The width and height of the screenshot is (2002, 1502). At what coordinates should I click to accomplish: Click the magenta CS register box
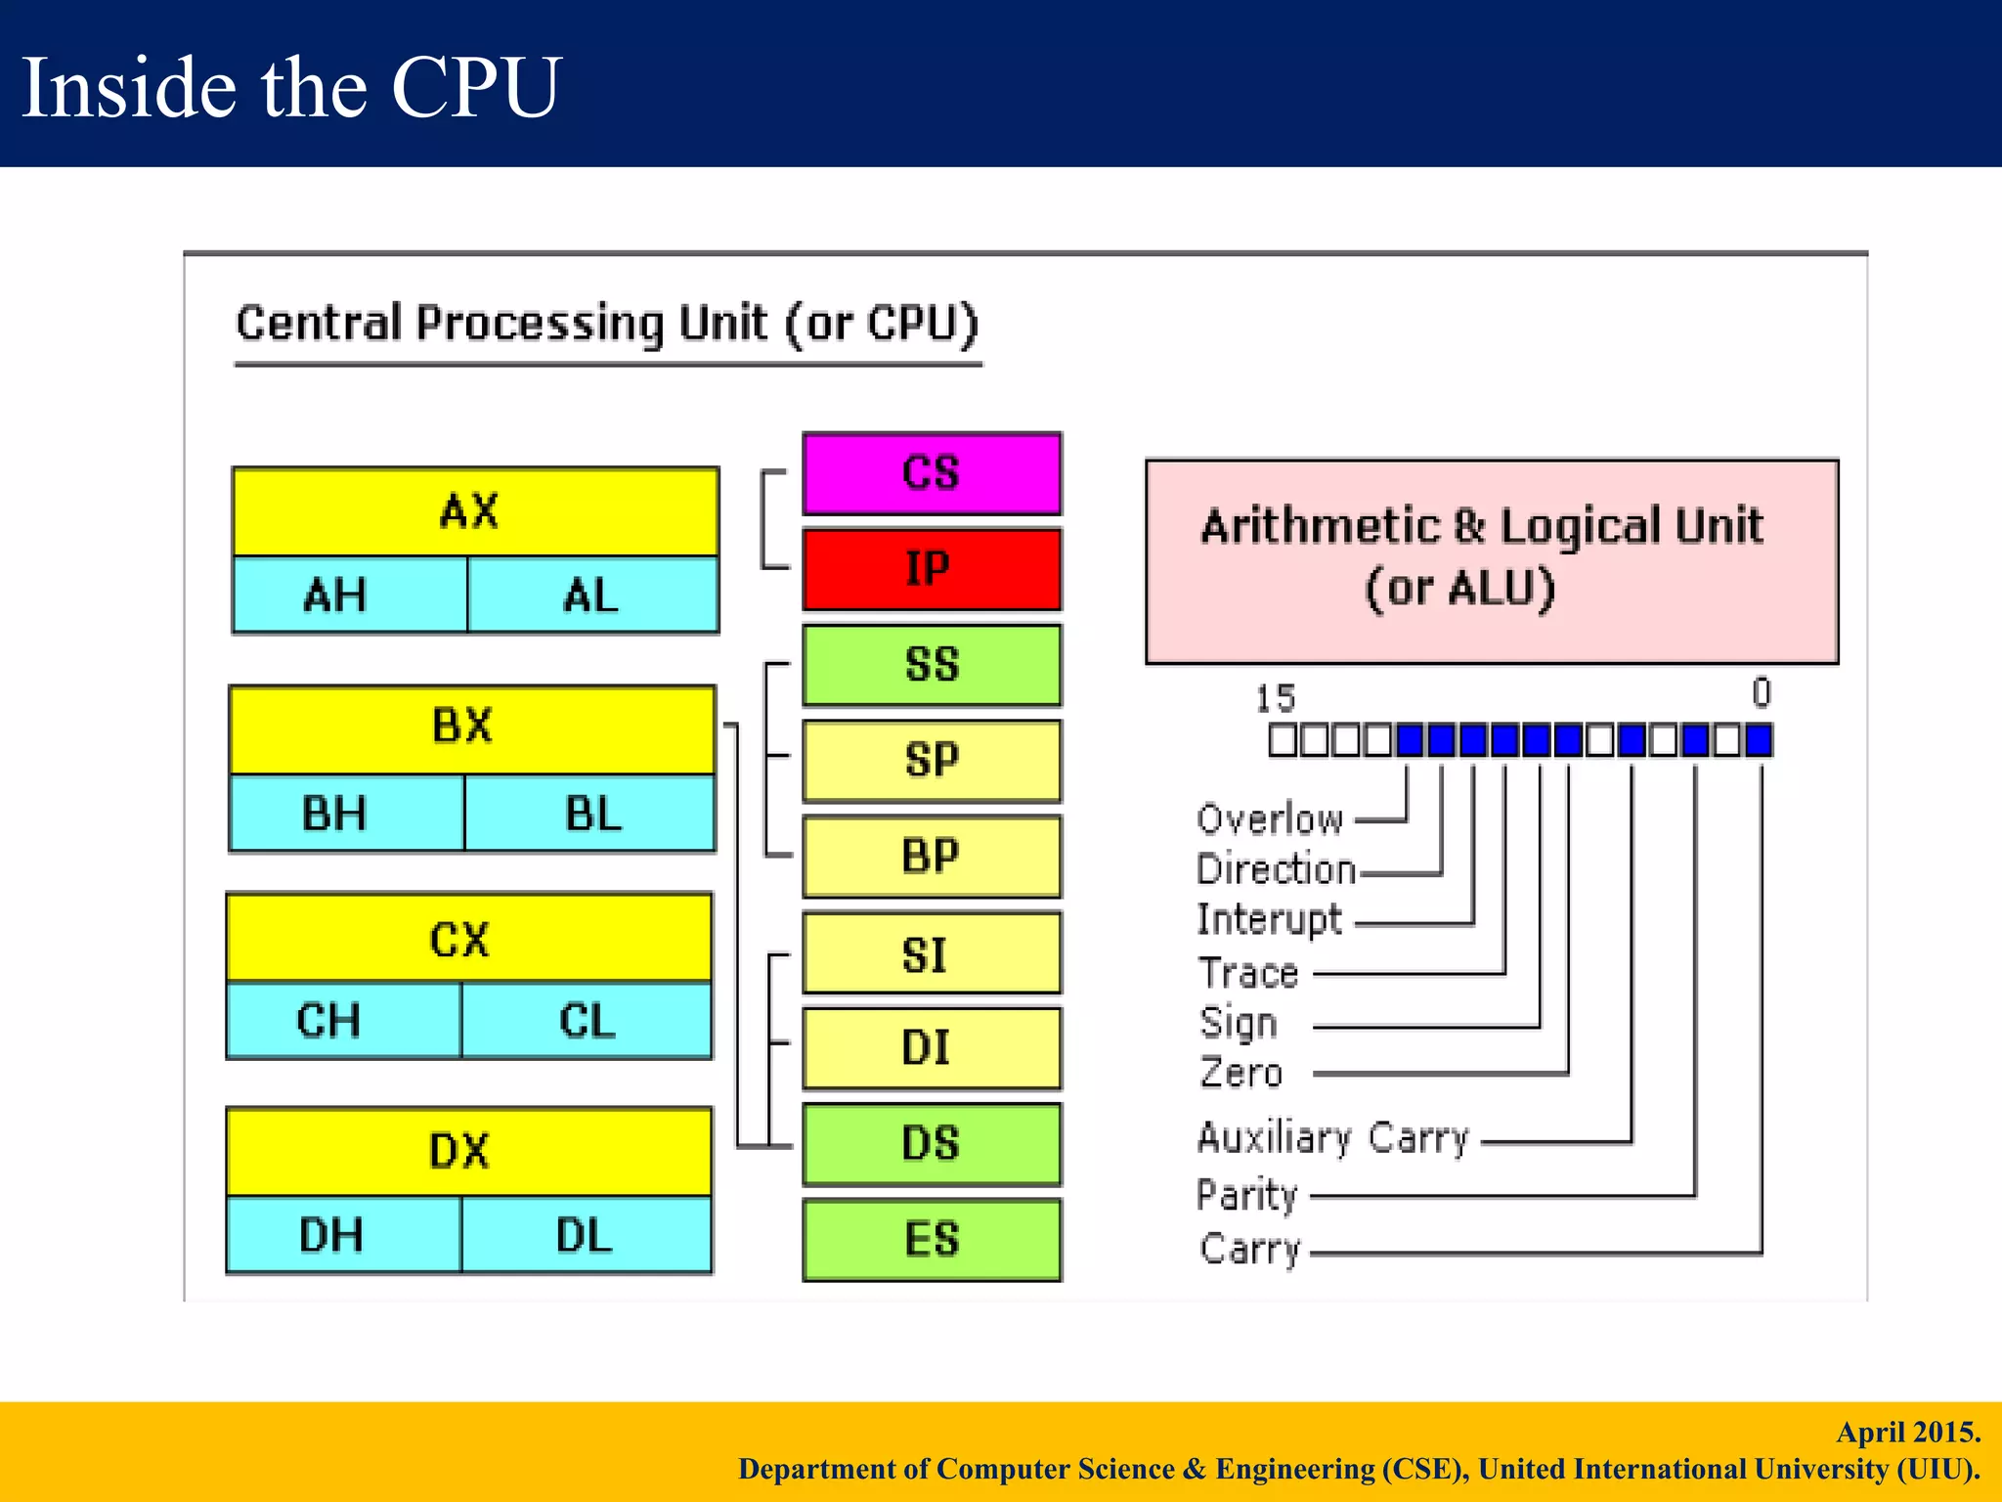click(x=932, y=473)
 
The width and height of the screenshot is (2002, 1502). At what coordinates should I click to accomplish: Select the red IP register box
click(x=932, y=569)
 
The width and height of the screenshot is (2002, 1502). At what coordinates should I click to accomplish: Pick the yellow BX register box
click(x=472, y=729)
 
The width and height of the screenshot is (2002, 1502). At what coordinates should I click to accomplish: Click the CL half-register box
click(x=587, y=1020)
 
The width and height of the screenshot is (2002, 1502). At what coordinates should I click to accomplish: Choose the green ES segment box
click(x=932, y=1239)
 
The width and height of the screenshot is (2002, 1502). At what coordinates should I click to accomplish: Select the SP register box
click(x=932, y=761)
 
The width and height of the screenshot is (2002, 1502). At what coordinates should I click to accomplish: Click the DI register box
click(x=932, y=1048)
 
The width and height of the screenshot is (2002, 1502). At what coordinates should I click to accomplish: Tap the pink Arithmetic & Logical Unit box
click(x=1491, y=560)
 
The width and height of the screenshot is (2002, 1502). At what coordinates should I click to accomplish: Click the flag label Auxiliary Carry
click(x=1332, y=1137)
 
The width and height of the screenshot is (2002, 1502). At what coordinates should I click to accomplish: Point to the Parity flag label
click(x=1246, y=1194)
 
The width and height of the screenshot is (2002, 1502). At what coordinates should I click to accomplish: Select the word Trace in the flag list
click(x=1248, y=973)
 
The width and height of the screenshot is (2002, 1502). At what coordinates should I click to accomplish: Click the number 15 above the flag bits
click(x=1275, y=698)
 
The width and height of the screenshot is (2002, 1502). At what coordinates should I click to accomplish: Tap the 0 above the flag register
click(x=1761, y=692)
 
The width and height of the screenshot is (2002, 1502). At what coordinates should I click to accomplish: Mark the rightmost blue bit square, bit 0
click(x=1759, y=740)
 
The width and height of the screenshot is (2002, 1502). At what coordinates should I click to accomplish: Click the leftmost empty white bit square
click(x=1282, y=740)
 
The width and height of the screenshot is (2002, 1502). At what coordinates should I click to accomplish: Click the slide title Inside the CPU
click(x=290, y=87)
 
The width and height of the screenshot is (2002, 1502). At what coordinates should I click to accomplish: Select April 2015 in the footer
click(x=1907, y=1432)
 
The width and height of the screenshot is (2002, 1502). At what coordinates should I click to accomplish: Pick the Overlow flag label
click(x=1269, y=818)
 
